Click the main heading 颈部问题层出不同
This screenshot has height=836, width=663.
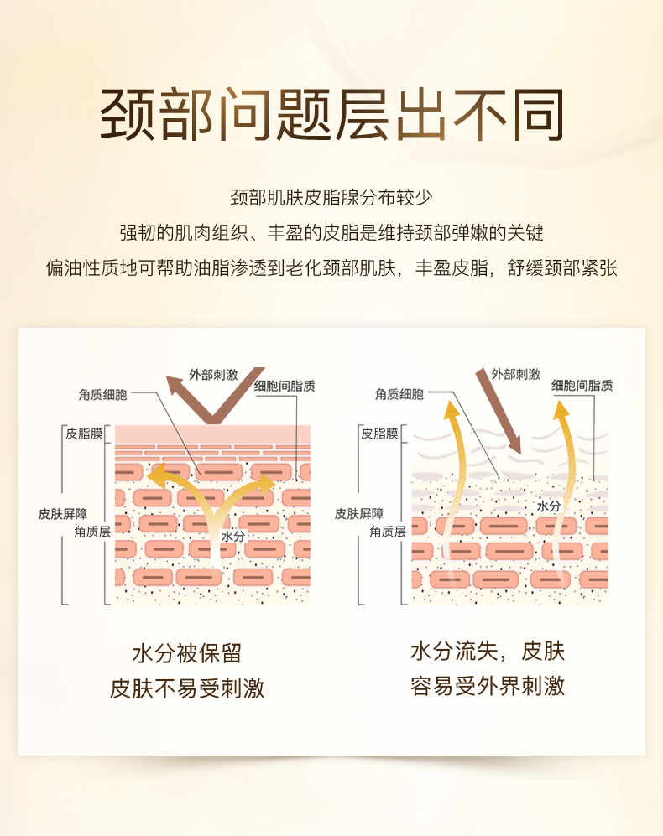tap(331, 115)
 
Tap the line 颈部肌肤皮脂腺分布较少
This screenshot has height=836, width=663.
tap(331, 198)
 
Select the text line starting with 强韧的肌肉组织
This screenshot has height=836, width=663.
tap(331, 232)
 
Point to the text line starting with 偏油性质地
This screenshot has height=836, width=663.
tap(331, 268)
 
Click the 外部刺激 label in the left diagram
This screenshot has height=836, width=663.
tap(213, 375)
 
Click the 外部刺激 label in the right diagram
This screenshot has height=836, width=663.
tap(515, 374)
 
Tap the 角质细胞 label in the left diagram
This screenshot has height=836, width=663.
tap(103, 393)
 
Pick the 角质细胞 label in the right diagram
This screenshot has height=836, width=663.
tap(399, 394)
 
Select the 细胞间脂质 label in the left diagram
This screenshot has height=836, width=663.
tap(285, 387)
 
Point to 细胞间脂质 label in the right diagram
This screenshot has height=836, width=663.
tap(582, 386)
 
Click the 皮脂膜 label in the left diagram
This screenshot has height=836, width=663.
tap(84, 434)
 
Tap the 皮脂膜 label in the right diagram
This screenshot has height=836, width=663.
tap(379, 434)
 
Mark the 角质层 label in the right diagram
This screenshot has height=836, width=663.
tap(388, 531)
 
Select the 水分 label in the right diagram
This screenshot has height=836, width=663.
tap(548, 506)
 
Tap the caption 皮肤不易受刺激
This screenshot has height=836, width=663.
tap(186, 688)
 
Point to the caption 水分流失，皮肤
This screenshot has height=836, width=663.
tap(488, 652)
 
